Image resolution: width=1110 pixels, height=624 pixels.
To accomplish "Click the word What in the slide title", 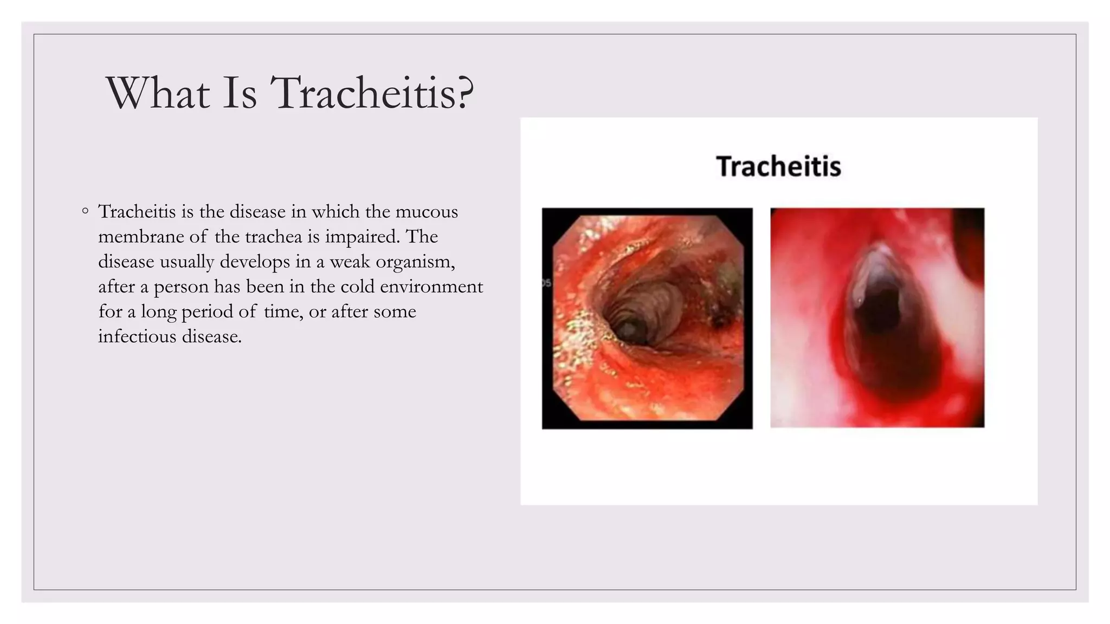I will [x=158, y=93].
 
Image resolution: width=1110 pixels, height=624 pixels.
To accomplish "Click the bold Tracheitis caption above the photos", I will [x=778, y=166].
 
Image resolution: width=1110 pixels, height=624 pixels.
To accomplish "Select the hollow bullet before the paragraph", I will [x=85, y=211].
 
